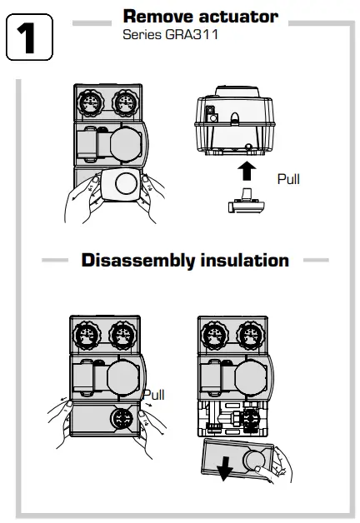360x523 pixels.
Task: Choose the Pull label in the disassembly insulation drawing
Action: click(155, 394)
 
